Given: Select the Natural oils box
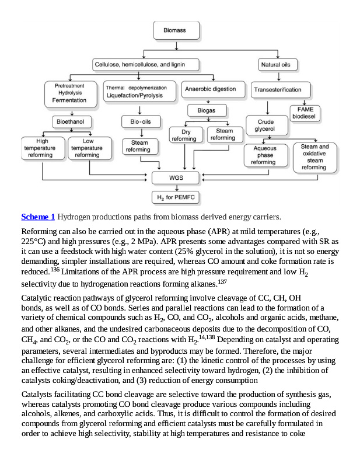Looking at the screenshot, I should (x=278, y=64).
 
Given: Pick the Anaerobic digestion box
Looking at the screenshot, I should (x=210, y=89).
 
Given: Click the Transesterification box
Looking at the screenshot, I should (x=278, y=90).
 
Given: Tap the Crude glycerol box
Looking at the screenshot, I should (x=265, y=126).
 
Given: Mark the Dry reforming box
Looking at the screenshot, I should (x=184, y=135).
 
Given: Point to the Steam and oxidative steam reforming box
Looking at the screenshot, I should (x=314, y=157).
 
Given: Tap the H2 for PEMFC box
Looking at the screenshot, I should (x=176, y=198).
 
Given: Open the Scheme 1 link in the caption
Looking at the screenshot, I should (x=38, y=217).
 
